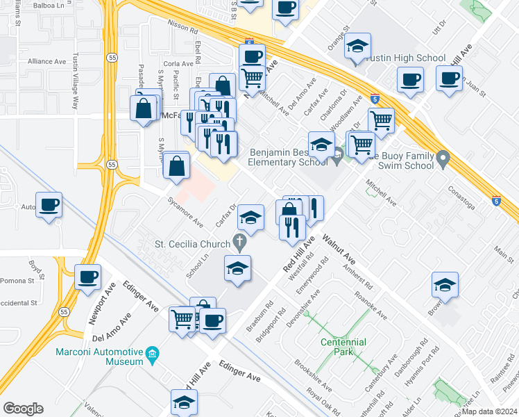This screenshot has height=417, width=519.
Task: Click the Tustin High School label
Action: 396,58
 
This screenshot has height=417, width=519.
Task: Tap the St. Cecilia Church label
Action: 193,244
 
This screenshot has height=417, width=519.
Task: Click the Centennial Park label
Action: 347,343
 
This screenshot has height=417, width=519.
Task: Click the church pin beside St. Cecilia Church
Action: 241,243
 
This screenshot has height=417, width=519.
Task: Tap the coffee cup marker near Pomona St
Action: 88,277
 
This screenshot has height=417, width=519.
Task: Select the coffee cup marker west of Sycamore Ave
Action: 49,205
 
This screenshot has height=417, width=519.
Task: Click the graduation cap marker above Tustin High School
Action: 358,47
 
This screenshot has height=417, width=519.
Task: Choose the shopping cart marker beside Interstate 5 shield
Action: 381,120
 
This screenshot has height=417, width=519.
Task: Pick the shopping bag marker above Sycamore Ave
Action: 177,166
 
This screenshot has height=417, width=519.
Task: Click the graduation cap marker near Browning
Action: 445,285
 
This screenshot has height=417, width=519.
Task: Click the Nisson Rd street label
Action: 182,31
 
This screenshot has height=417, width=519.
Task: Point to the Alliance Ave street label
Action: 46,61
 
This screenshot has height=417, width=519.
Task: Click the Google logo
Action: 23,409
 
